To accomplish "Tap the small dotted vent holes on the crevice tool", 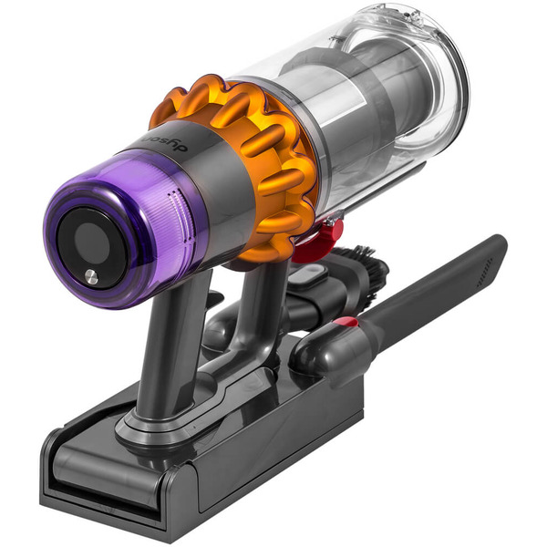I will (x=484, y=270).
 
